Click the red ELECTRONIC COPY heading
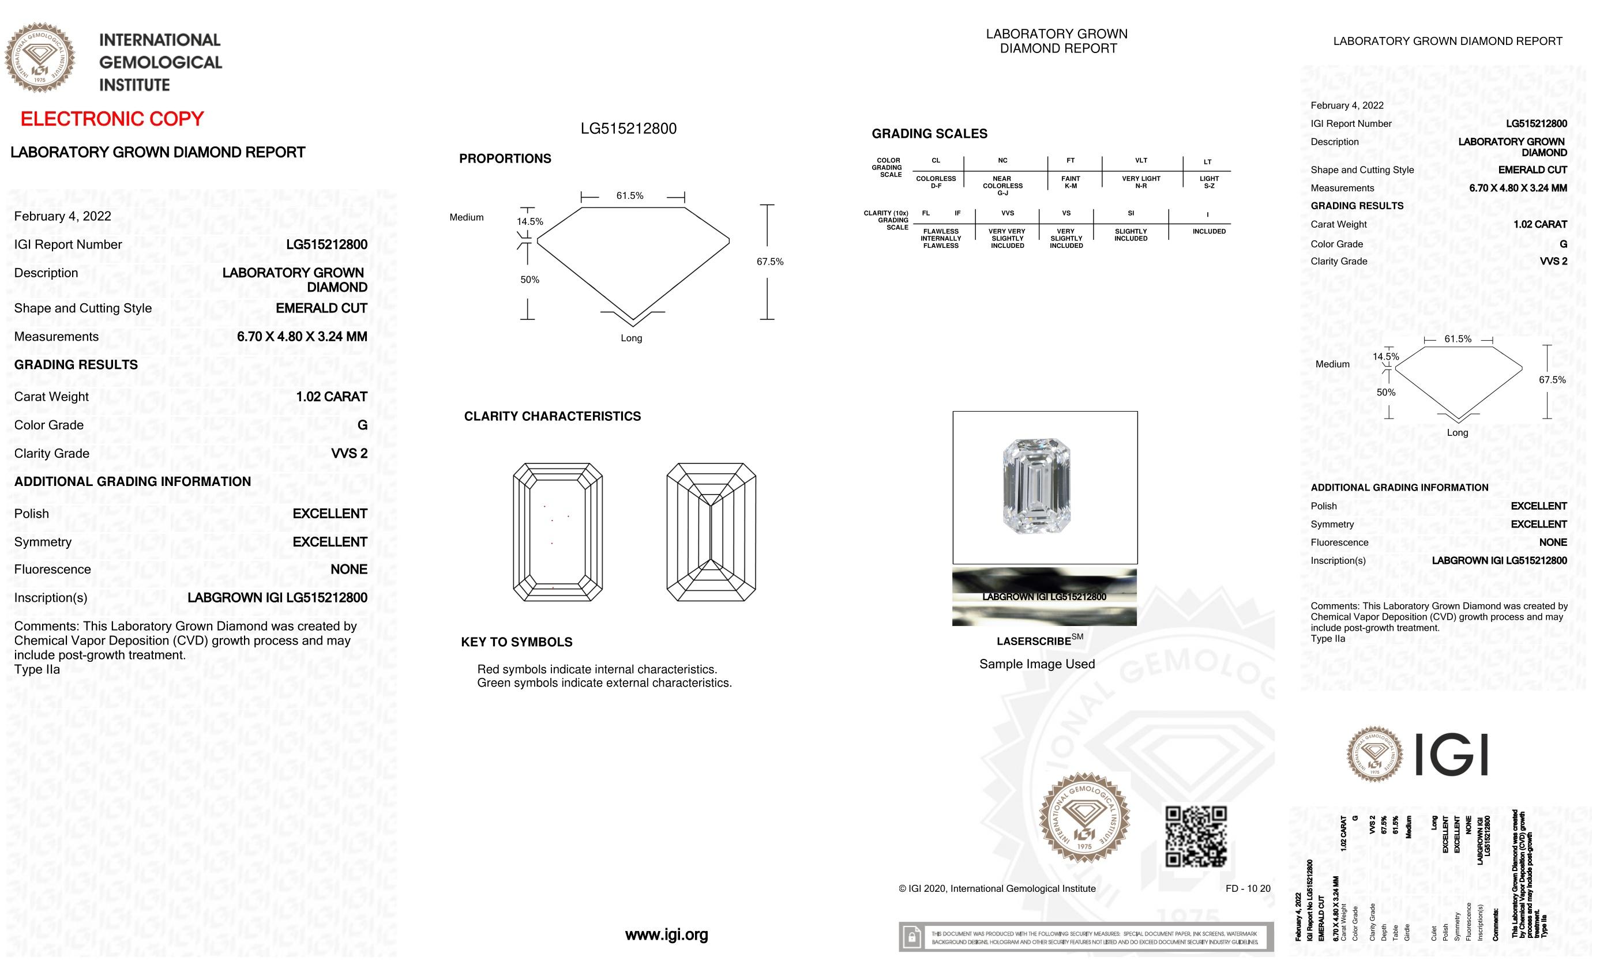(112, 119)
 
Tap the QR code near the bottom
(1196, 836)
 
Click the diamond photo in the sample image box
(1036, 486)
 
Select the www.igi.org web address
(666, 935)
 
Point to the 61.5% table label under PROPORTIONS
(629, 196)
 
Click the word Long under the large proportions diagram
(631, 338)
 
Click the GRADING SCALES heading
(929, 134)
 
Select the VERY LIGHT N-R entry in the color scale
(1140, 182)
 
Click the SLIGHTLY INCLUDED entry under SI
(1130, 235)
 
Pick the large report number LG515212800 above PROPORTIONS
(628, 129)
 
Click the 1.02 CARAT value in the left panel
(331, 397)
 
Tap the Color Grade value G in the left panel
(362, 425)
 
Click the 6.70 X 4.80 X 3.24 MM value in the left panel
(302, 337)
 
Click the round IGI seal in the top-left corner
(40, 58)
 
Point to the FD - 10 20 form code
(1247, 889)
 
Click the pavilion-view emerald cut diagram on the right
(711, 532)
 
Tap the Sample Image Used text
(1036, 664)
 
